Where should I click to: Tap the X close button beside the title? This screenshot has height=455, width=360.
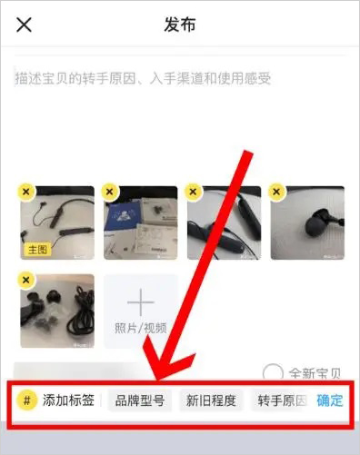pyautogui.click(x=25, y=25)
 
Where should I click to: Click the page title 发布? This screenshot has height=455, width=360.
pyautogui.click(x=180, y=25)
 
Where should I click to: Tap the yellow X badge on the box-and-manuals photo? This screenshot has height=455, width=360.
pyautogui.click(x=109, y=192)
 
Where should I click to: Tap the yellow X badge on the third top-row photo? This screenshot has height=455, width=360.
pyautogui.click(x=193, y=192)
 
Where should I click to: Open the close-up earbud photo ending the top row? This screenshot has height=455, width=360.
pyautogui.click(x=307, y=223)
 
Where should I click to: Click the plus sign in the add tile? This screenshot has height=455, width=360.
pyautogui.click(x=140, y=303)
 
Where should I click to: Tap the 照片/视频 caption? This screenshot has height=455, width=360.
pyautogui.click(x=140, y=328)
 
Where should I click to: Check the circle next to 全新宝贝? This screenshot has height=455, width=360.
pyautogui.click(x=271, y=372)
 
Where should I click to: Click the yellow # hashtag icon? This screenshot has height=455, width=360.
pyautogui.click(x=28, y=401)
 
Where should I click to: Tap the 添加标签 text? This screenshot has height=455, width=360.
pyautogui.click(x=68, y=401)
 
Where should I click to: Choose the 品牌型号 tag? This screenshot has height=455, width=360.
pyautogui.click(x=139, y=401)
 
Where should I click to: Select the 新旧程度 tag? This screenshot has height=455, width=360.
pyautogui.click(x=211, y=401)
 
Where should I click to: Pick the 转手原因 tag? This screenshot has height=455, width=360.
pyautogui.click(x=280, y=401)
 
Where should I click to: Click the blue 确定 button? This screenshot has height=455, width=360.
pyautogui.click(x=330, y=401)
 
